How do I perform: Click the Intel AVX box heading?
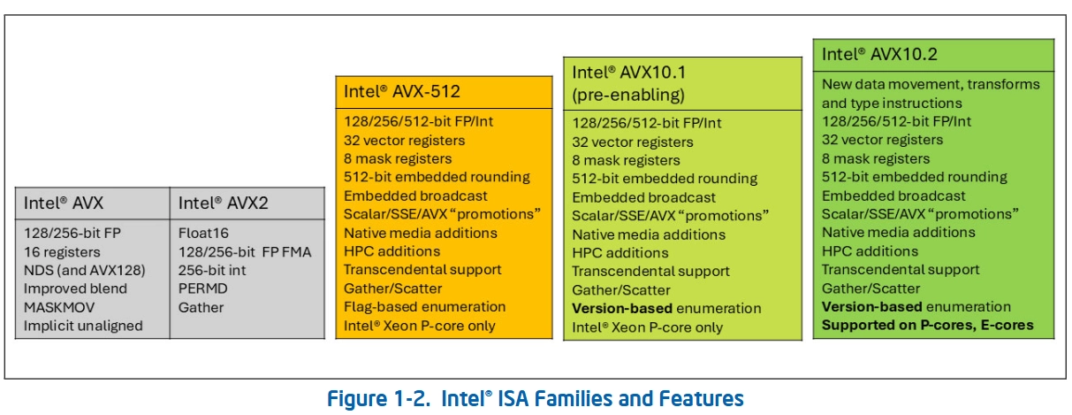point(64,203)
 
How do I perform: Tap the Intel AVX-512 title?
point(401,90)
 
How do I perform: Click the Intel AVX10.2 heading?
point(879,54)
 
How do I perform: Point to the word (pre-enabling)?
point(628,95)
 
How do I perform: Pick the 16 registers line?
point(62,250)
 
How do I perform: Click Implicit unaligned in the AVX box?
point(84,326)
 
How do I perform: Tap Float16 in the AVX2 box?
point(202,232)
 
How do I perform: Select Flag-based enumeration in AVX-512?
point(424,306)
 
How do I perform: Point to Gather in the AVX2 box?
point(201,307)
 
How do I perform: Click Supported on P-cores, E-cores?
point(927,326)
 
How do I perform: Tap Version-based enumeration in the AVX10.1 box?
point(666,308)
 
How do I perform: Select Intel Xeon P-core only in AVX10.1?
point(647,327)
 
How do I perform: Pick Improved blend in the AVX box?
point(75,288)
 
